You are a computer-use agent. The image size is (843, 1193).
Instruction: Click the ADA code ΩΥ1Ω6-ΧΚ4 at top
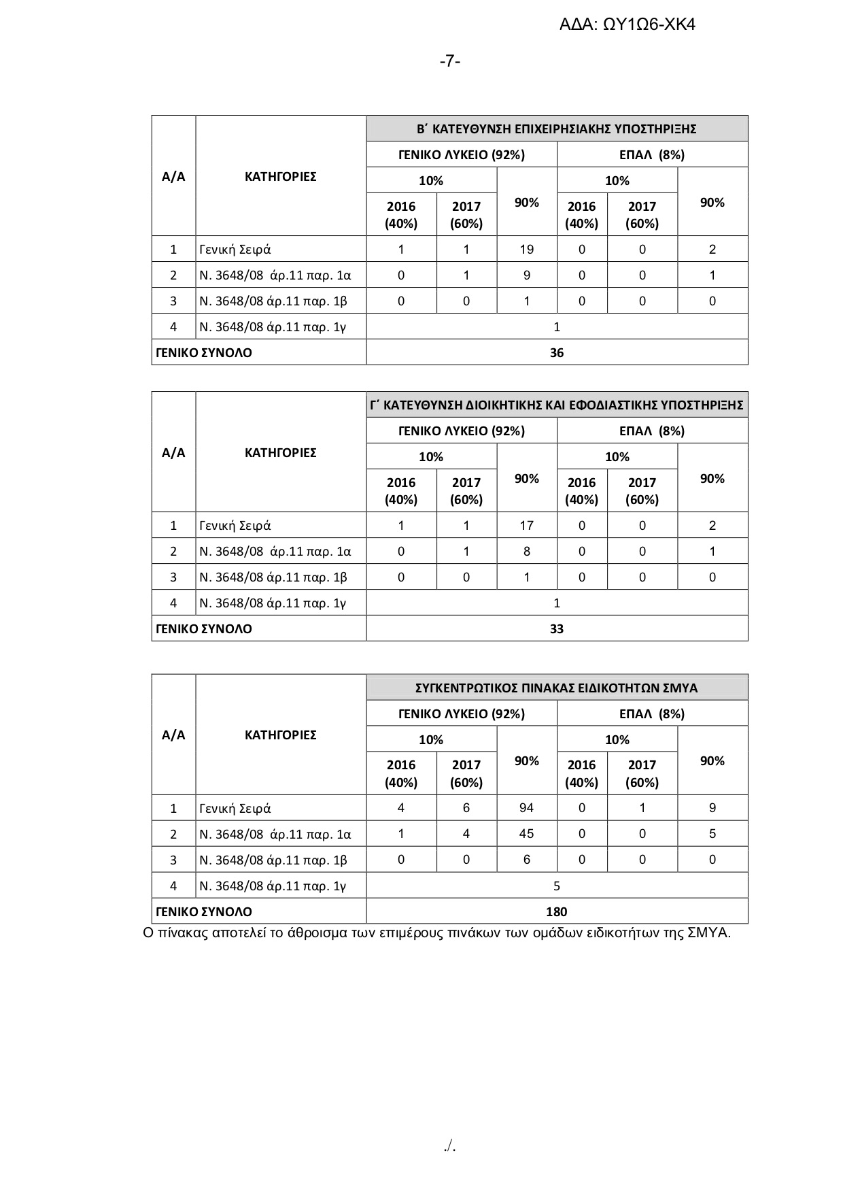(627, 25)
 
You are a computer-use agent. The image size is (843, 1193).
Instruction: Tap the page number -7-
(450, 61)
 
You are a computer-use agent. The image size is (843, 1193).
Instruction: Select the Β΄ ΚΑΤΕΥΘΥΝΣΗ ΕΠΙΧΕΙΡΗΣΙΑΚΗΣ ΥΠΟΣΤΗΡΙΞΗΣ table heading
(557, 129)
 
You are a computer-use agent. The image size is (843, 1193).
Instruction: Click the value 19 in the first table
(527, 249)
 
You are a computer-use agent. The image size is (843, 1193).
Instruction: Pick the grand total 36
(557, 352)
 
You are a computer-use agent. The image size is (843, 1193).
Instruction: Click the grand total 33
(557, 628)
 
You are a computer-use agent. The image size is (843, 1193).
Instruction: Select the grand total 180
(557, 911)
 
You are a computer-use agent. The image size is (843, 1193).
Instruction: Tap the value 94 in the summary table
(527, 808)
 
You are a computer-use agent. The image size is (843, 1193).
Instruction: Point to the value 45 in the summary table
(527, 834)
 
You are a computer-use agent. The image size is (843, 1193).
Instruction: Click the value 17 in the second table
(527, 525)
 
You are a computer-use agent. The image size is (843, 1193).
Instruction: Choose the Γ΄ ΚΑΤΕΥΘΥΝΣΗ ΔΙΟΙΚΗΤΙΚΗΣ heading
(557, 405)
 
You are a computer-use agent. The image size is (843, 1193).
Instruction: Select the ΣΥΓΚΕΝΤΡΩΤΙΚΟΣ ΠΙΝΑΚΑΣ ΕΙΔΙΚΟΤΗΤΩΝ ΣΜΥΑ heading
(557, 688)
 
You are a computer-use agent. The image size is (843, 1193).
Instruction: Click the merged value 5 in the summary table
(557, 886)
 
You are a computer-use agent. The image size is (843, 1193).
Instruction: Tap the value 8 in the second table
(527, 551)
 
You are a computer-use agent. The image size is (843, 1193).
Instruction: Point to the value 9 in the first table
(527, 275)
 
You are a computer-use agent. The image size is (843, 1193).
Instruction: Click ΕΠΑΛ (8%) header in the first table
(652, 154)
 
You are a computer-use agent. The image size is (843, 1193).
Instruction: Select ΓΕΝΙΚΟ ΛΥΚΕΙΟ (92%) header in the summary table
(462, 713)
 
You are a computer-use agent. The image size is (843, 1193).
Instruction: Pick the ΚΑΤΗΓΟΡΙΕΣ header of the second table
(280, 452)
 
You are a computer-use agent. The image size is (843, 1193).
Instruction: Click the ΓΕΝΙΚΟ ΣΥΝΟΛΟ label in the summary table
(204, 911)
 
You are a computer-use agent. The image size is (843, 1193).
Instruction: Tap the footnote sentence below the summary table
(436, 932)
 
